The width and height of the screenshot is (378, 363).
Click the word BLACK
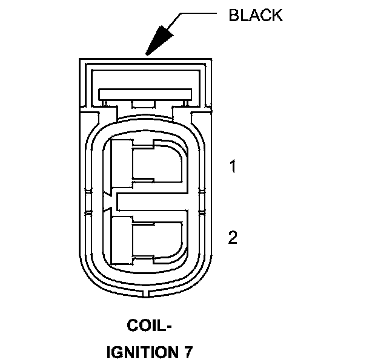(x=255, y=15)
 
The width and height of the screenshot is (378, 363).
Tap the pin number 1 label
(x=232, y=166)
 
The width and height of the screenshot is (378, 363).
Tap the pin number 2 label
(x=232, y=238)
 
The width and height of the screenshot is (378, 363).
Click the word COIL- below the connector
(x=150, y=326)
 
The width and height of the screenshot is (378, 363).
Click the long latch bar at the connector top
(x=146, y=94)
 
